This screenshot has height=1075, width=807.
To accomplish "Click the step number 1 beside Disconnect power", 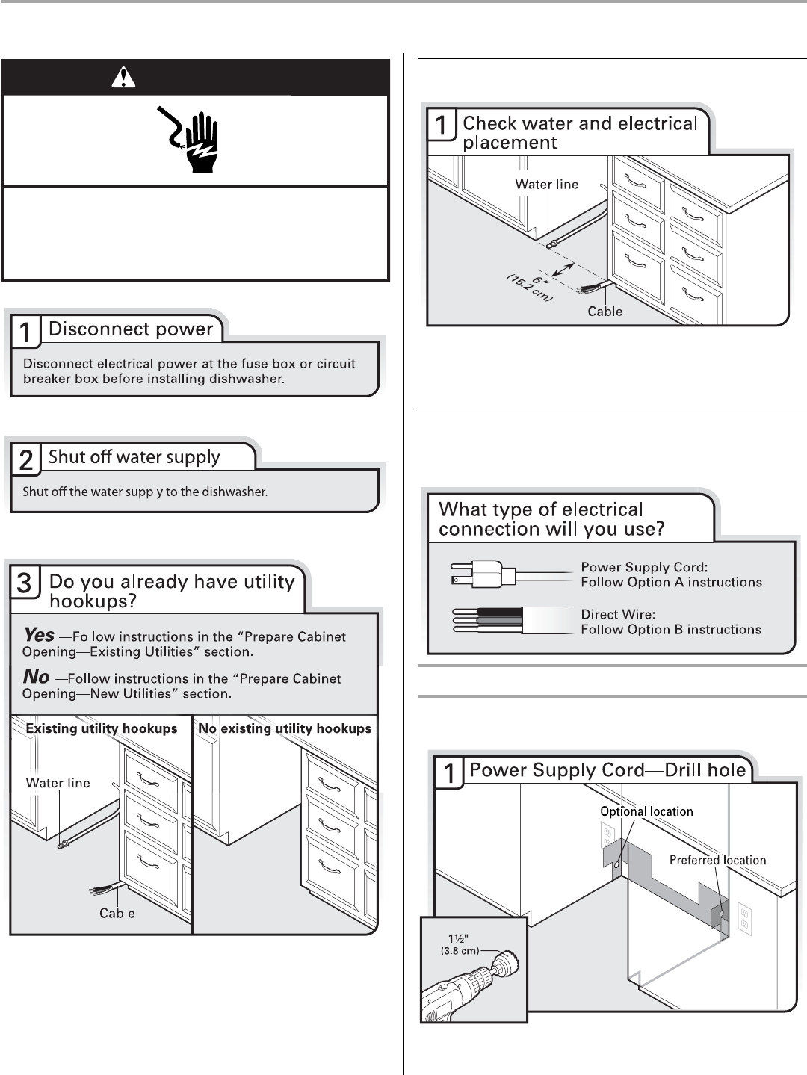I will (26, 332).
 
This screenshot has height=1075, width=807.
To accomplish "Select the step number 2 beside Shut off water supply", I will (26, 460).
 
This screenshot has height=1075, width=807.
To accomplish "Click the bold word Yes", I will (39, 636).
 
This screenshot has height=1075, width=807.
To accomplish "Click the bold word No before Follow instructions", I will (37, 678).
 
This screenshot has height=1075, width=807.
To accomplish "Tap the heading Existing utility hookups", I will (102, 728).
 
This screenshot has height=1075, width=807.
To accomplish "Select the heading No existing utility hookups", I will (285, 728).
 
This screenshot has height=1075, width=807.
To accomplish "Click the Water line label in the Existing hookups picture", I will (58, 783).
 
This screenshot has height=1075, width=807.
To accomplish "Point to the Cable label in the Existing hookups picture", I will (117, 913).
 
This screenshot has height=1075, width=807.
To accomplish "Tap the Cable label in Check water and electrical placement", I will (605, 311).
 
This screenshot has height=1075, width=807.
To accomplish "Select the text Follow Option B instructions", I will (671, 629).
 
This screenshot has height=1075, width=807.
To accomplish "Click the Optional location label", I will (646, 811).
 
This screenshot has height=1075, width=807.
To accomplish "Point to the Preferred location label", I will (717, 860).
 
